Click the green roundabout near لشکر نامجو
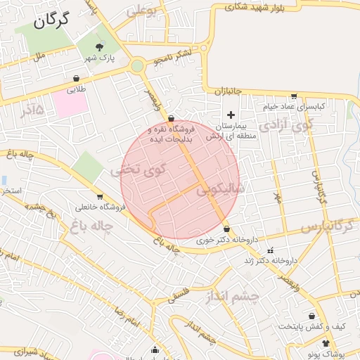click(137, 66)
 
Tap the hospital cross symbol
click(231, 115)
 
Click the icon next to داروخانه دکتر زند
click(270, 250)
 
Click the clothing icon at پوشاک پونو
click(326, 342)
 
